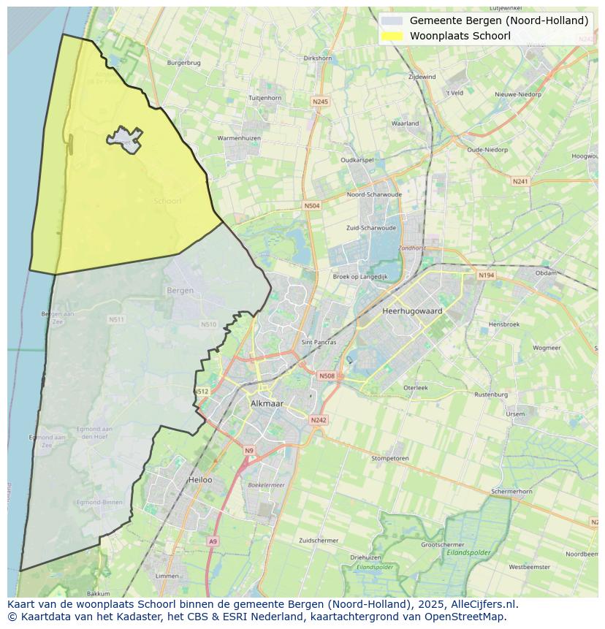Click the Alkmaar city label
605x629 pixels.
click(x=267, y=403)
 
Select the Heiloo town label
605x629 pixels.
click(x=200, y=480)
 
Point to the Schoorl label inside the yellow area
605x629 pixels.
click(x=167, y=201)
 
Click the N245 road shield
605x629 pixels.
click(x=319, y=102)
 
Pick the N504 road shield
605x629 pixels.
click(x=312, y=206)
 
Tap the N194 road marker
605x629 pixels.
click(x=486, y=275)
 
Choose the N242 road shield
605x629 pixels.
click(x=319, y=420)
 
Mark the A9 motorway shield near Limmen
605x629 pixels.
click(x=213, y=541)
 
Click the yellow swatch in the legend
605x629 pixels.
click(x=392, y=36)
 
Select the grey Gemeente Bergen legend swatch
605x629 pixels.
click(x=392, y=20)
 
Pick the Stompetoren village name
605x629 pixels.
click(x=389, y=459)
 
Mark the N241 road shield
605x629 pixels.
click(x=520, y=181)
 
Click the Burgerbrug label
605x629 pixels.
click(x=183, y=63)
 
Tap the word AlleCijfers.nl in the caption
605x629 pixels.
click(x=484, y=604)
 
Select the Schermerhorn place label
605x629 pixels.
click(x=511, y=492)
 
